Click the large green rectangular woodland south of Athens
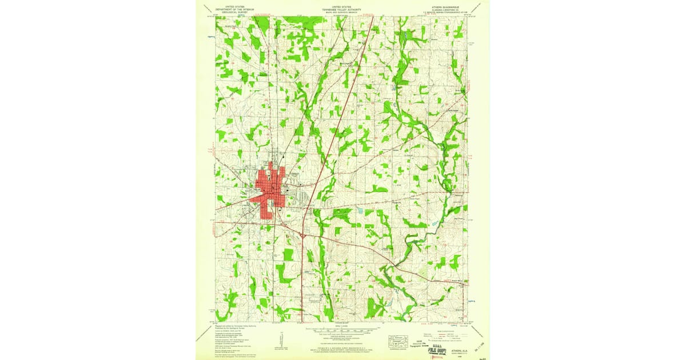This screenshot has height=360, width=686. click(x=288, y=254)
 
